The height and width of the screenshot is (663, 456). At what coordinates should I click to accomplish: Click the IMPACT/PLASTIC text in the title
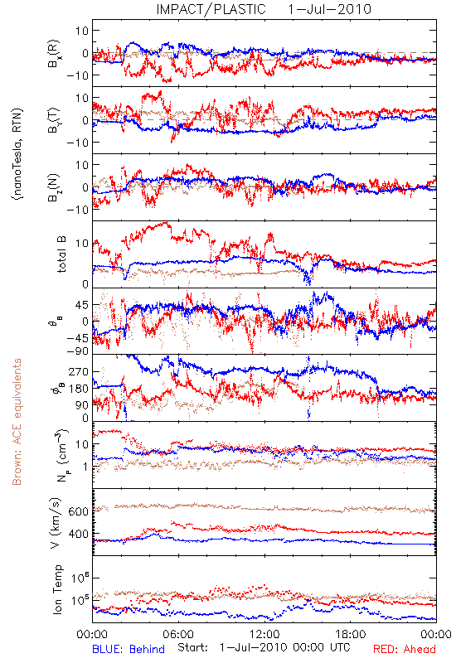point(211,9)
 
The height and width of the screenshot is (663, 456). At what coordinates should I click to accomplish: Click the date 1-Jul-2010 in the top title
point(329,9)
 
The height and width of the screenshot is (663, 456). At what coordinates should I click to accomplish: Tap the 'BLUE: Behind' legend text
point(129,649)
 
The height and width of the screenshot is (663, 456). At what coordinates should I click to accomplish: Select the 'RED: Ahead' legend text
point(404,649)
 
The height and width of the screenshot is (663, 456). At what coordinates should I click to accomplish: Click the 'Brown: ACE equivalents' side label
point(17,422)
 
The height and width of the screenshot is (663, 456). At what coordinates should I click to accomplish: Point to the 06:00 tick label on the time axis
point(178,634)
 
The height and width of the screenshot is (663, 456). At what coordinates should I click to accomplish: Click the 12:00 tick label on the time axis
point(264,634)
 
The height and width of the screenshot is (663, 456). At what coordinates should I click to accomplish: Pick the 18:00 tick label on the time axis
point(351,634)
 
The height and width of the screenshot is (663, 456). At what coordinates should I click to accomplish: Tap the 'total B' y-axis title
point(61,254)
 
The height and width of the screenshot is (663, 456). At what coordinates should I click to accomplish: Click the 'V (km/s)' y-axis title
point(56,523)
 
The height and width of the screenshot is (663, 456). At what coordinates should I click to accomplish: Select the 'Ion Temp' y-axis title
point(57,589)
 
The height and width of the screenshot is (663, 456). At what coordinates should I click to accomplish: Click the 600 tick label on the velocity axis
point(78,511)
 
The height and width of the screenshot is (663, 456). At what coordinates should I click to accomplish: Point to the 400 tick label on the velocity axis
point(78,534)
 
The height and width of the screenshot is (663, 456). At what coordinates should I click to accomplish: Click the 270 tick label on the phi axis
point(79,371)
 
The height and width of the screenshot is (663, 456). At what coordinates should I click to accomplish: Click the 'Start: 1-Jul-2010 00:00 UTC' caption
point(264,648)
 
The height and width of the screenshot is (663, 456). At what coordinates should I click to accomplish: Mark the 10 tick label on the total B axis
point(82,244)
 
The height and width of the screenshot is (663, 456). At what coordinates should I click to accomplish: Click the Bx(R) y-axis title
point(54,54)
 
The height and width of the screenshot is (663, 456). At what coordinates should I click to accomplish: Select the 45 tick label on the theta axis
point(81,305)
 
